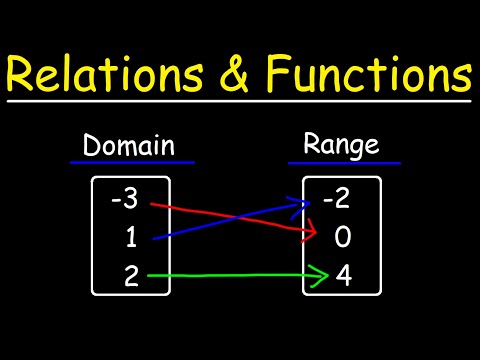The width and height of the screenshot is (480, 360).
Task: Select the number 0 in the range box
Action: (x=343, y=239)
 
